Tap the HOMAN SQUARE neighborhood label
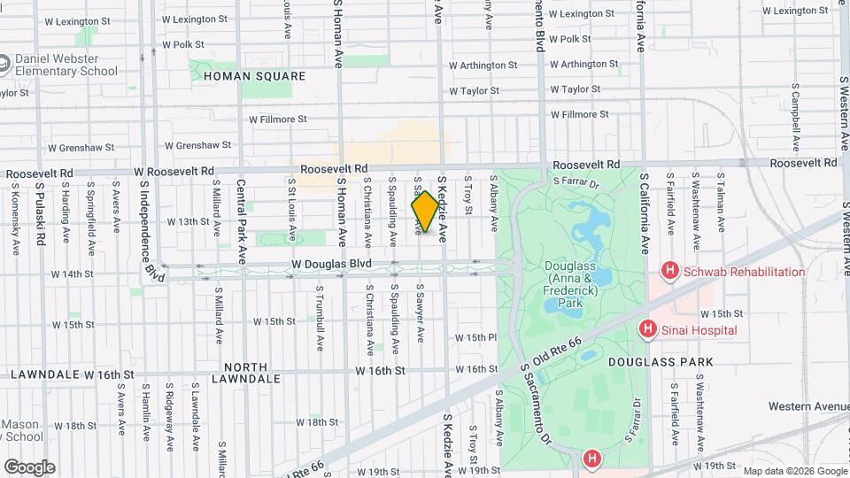click(x=254, y=77)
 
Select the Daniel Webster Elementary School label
click(x=66, y=66)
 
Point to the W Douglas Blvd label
click(x=332, y=264)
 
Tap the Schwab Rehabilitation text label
click(x=744, y=272)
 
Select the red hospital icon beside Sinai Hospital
click(x=648, y=329)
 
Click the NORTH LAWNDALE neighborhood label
click(x=251, y=373)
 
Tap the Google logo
click(x=29, y=466)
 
